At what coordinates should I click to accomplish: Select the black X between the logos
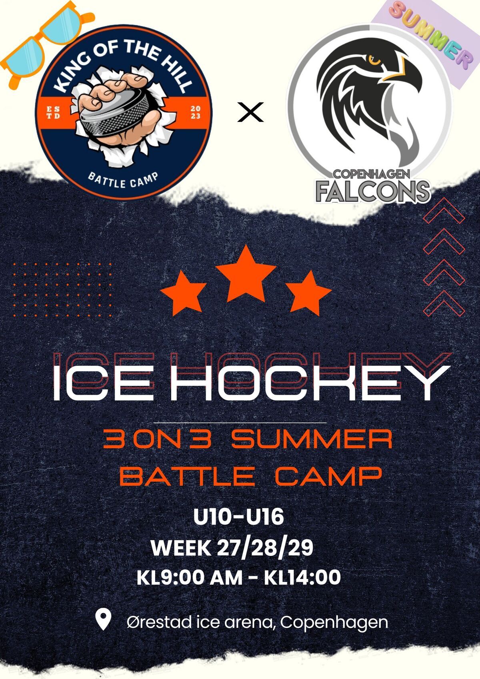[250, 112]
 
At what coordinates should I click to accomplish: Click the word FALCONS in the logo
[373, 192]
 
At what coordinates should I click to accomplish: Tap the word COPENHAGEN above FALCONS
[372, 174]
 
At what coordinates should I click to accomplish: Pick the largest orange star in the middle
[246, 274]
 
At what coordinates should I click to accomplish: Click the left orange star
[183, 293]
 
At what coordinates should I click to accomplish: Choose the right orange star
[308, 293]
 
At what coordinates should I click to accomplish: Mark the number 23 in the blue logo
[196, 116]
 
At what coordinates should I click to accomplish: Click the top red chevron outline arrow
[444, 210]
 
